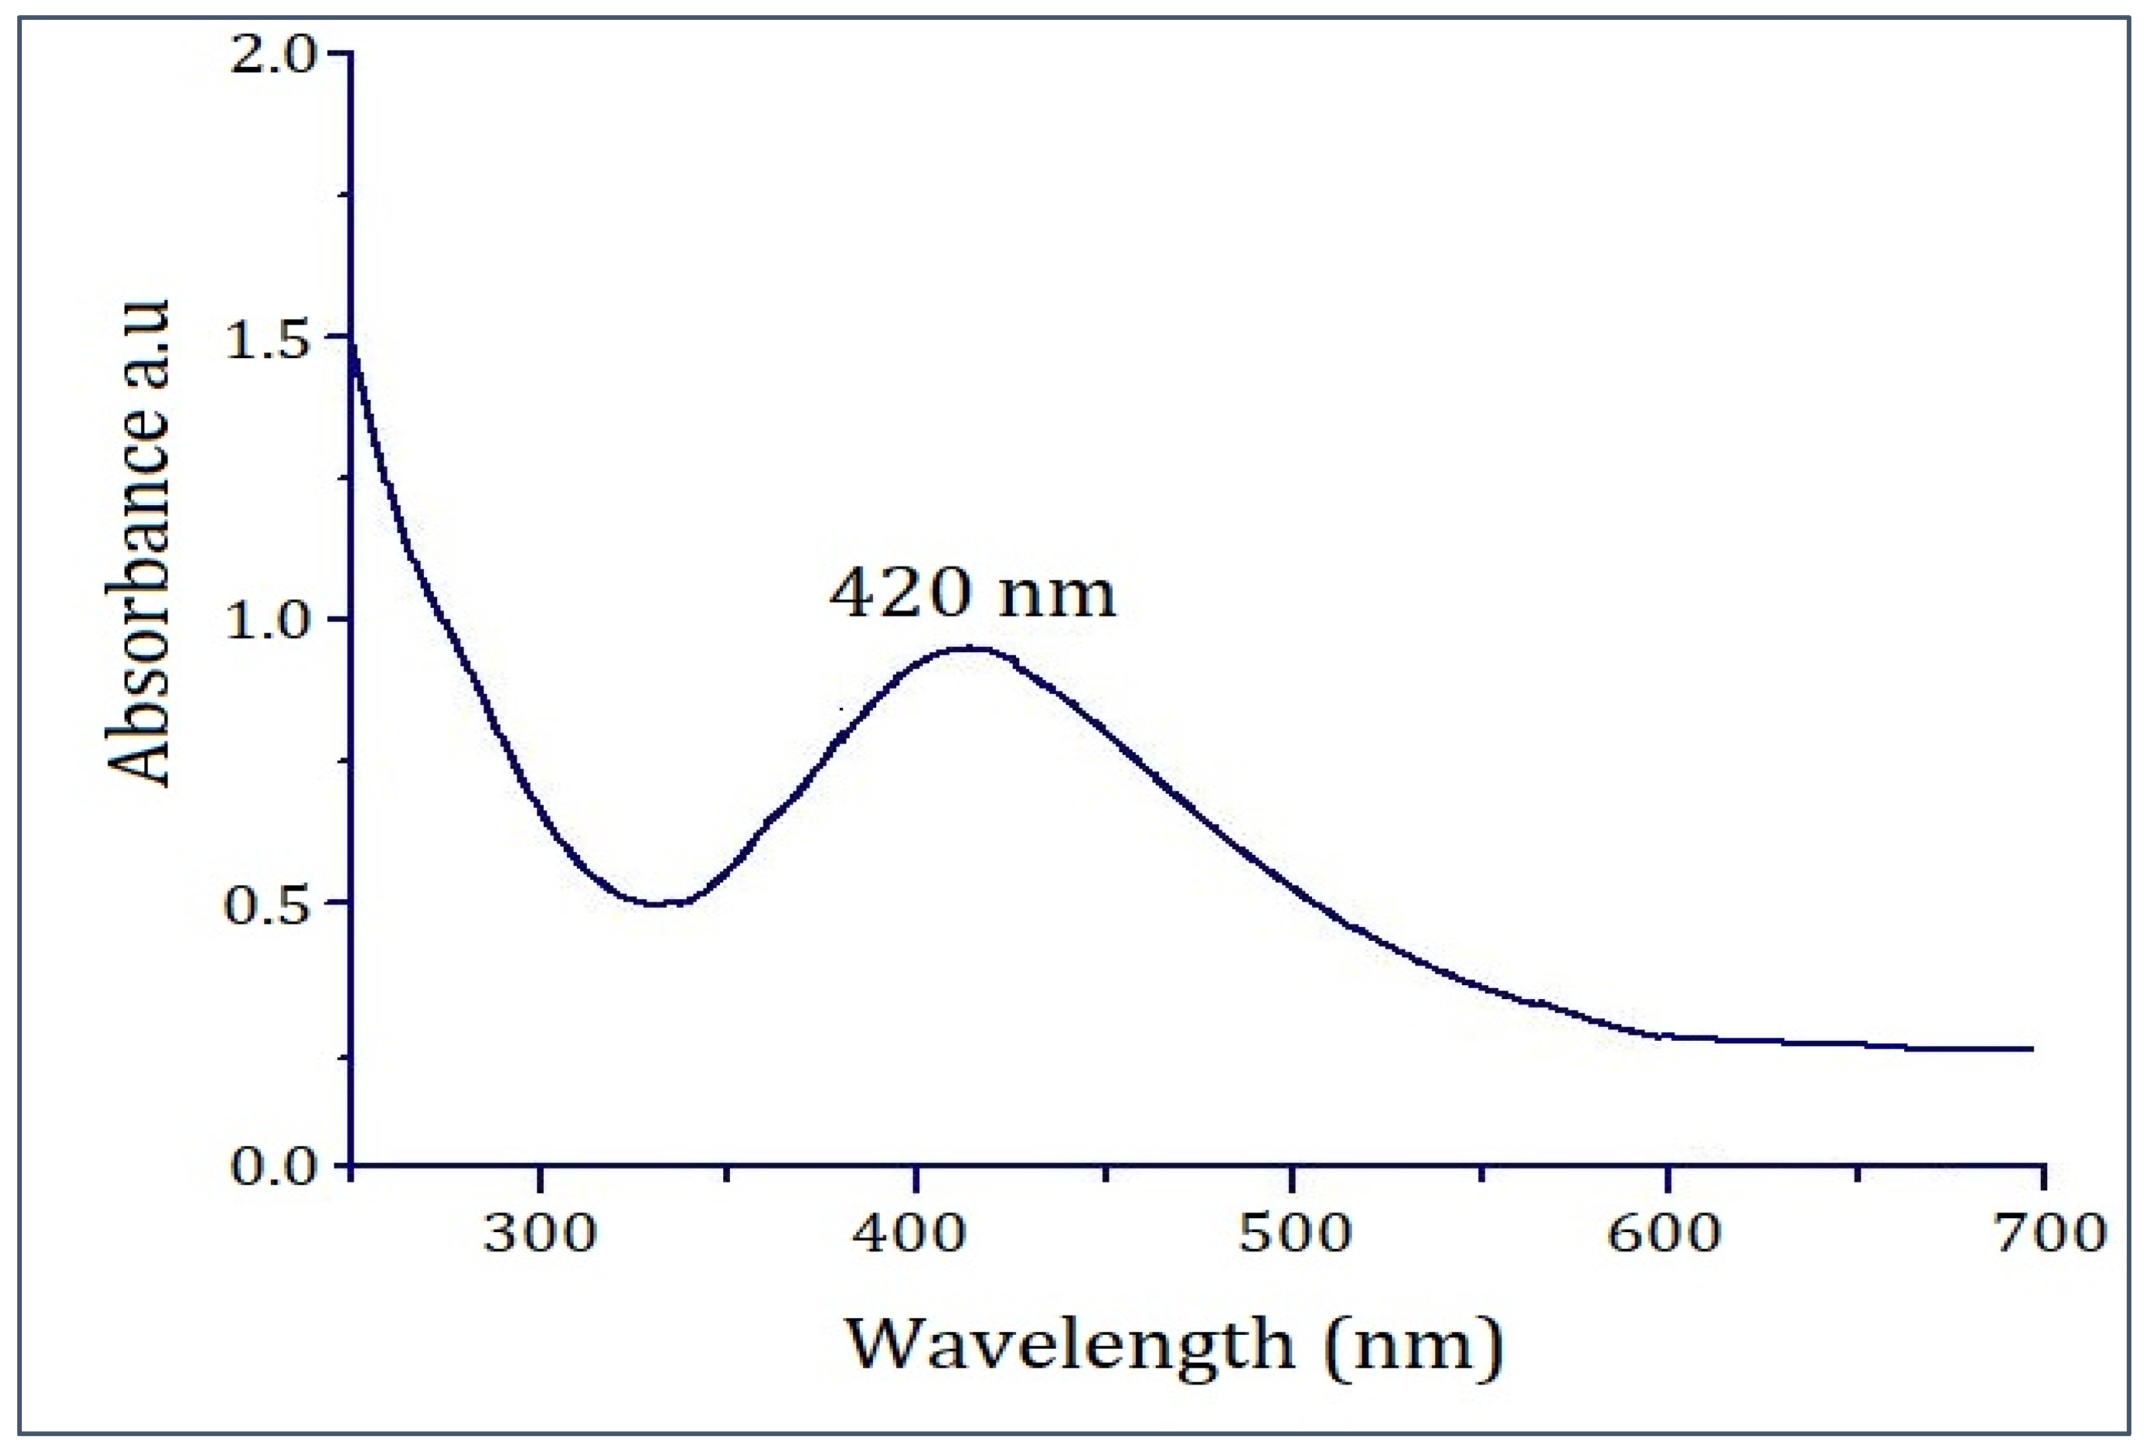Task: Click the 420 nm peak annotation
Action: point(972,593)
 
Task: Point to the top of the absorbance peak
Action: point(968,648)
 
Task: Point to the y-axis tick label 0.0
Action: point(272,1168)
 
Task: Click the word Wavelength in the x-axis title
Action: point(1070,1345)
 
